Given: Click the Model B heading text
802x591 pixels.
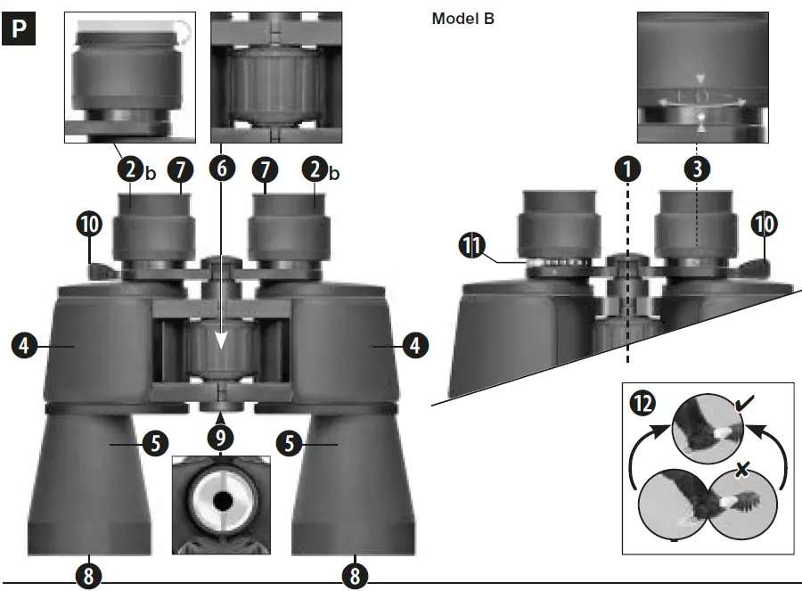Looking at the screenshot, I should (462, 19).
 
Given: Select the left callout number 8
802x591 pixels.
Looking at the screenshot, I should (87, 576).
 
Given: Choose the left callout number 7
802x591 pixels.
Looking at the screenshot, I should (180, 167).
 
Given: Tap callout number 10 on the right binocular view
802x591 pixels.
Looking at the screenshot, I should (763, 225).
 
